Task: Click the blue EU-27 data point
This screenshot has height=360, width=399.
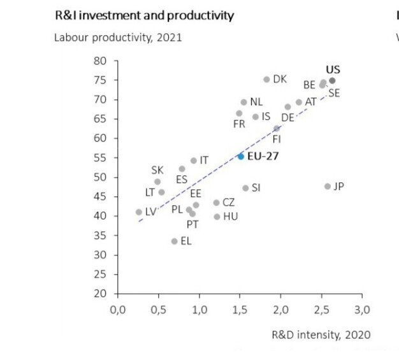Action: tap(240, 156)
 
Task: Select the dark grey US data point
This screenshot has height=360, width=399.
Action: tap(332, 81)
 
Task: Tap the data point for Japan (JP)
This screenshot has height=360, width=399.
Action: tap(328, 187)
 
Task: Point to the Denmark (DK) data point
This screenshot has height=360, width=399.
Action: tap(266, 80)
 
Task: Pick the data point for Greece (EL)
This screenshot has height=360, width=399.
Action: tap(174, 241)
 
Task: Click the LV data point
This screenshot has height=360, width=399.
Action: tap(139, 212)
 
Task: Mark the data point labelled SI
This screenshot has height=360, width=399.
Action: tap(245, 188)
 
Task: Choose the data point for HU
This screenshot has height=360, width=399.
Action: tap(217, 217)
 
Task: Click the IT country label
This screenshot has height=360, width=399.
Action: tap(204, 161)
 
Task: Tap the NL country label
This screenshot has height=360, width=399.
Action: tap(256, 102)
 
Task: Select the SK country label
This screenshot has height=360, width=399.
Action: tap(157, 170)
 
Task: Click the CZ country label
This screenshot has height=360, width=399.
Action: tap(229, 203)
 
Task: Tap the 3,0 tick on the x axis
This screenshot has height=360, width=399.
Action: tap(361, 310)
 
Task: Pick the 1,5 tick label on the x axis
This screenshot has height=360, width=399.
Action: tap(240, 310)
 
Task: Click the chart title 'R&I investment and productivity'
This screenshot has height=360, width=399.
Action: tap(145, 15)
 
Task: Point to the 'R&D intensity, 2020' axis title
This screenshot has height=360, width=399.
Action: tap(321, 335)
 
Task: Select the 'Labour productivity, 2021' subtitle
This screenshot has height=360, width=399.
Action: tap(118, 37)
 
